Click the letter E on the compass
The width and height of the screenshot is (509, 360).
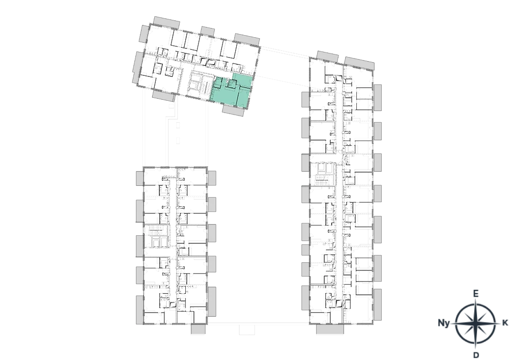[x=475, y=294]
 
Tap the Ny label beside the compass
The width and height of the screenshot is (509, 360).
[x=444, y=323]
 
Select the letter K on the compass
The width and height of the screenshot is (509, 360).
[x=505, y=323]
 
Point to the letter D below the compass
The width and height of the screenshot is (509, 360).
[x=476, y=355]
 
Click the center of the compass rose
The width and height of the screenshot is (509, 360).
[x=475, y=323]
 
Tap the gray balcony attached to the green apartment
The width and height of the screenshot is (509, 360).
[x=233, y=110]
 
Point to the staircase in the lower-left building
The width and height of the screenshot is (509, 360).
[x=155, y=231]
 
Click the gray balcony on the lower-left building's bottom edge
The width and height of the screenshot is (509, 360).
[x=198, y=329]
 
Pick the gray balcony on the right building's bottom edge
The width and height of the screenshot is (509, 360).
[x=330, y=329]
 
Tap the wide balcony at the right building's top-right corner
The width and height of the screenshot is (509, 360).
[x=359, y=64]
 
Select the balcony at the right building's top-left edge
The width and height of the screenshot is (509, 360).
[x=327, y=57]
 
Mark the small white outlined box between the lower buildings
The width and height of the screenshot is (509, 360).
[x=247, y=330]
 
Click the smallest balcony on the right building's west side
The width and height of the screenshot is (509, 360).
[x=305, y=250]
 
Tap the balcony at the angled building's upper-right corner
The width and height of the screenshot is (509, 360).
[x=247, y=39]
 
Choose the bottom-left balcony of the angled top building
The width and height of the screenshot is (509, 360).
[x=164, y=95]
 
